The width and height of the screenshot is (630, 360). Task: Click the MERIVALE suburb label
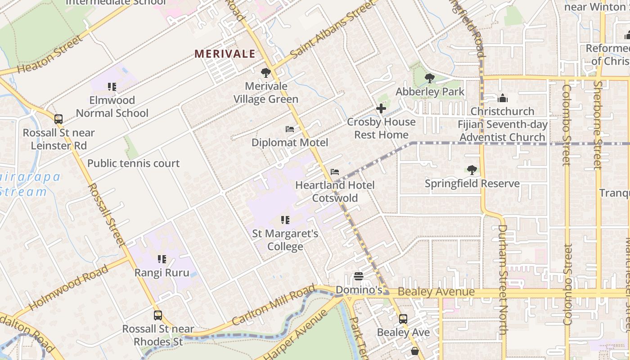click(225, 54)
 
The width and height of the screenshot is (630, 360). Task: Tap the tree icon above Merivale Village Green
click(266, 72)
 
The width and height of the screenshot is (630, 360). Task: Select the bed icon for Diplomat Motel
click(290, 130)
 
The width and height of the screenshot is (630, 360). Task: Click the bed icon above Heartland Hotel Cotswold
click(334, 172)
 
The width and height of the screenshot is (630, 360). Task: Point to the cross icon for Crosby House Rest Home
click(381, 108)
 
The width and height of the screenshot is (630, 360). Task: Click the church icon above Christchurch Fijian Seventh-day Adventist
click(502, 98)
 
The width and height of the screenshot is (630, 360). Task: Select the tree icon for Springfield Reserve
click(472, 170)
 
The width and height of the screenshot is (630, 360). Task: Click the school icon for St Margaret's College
click(285, 220)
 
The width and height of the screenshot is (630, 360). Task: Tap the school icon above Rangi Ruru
click(162, 259)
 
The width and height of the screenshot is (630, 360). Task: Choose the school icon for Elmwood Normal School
click(112, 86)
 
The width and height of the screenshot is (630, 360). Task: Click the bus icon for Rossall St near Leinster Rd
click(58, 119)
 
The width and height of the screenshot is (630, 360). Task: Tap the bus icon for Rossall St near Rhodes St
click(157, 315)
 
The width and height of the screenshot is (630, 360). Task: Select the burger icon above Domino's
click(359, 276)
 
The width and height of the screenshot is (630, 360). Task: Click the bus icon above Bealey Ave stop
click(403, 319)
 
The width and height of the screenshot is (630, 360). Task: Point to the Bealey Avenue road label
click(436, 292)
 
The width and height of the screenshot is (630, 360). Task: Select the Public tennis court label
click(133, 163)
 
